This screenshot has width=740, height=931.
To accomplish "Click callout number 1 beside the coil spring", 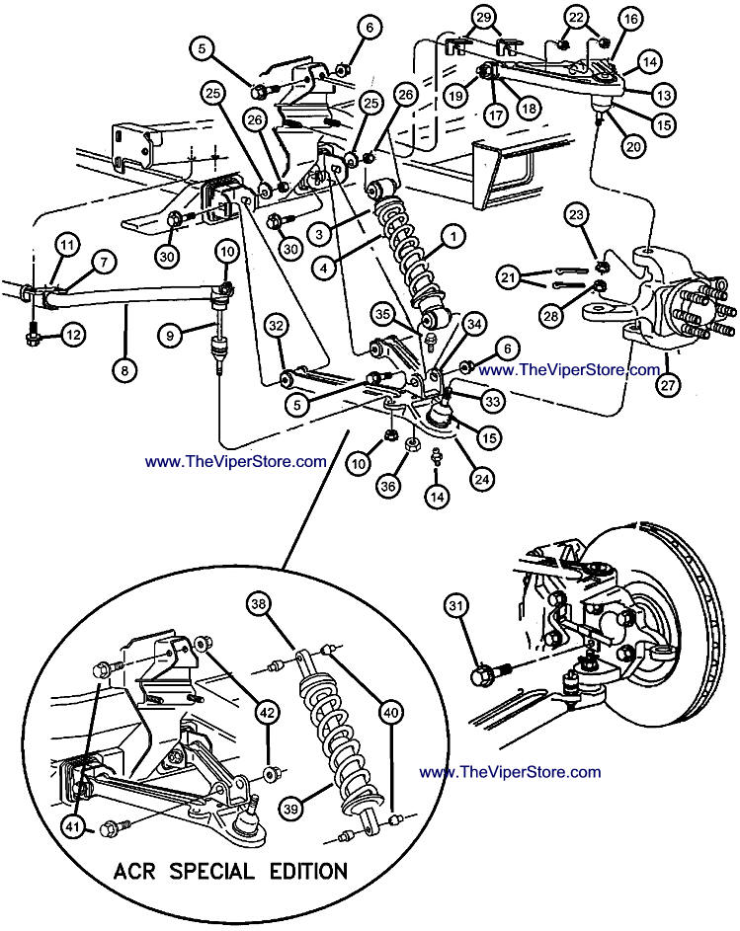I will [452, 235].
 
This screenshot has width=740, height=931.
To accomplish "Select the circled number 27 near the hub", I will [670, 385].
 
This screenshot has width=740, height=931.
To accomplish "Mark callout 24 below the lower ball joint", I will [482, 479].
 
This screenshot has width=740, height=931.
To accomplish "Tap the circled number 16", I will [630, 21].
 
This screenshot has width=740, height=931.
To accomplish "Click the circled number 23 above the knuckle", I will [576, 214].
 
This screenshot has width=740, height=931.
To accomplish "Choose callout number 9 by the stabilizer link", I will [171, 335].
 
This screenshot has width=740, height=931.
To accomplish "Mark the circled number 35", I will [383, 315].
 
